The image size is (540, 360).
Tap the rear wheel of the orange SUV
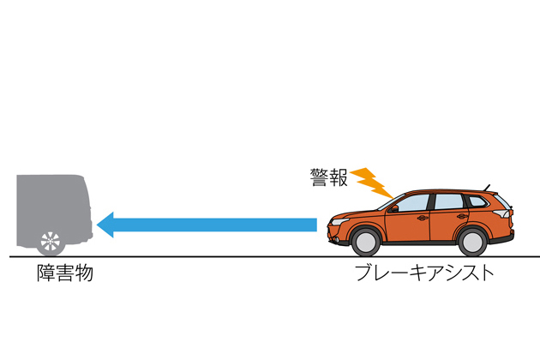click(471, 240)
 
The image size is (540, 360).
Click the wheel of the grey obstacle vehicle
click(51, 240)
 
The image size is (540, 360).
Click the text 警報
click(329, 177)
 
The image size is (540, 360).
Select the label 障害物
click(64, 275)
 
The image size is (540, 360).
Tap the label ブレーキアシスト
click(424, 275)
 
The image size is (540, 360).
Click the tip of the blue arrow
click(99, 225)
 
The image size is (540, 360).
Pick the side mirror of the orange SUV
click(393, 207)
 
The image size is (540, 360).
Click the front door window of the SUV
click(412, 202)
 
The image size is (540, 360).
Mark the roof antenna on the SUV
click(489, 186)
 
